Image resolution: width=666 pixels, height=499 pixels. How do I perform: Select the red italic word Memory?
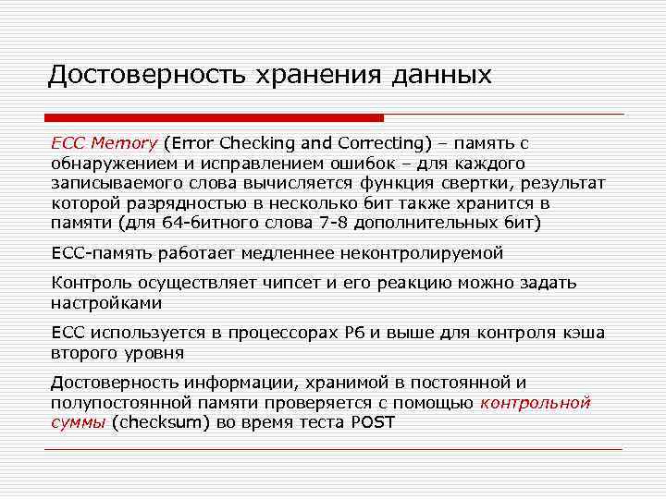[x=123, y=143]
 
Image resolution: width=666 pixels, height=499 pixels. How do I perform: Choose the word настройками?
[x=106, y=302]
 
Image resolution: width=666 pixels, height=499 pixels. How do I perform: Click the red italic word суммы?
[x=78, y=422]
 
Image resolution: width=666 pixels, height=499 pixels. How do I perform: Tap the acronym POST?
[x=373, y=422]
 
